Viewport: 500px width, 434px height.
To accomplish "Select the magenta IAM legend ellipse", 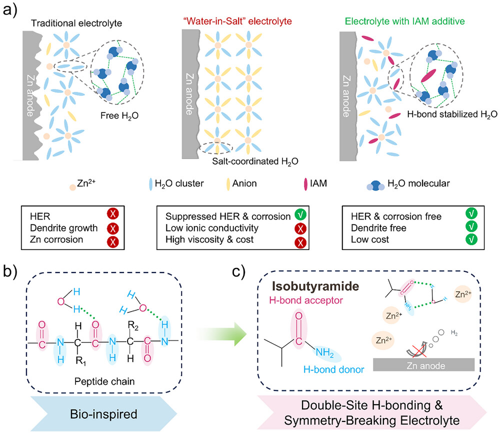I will (306, 184).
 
